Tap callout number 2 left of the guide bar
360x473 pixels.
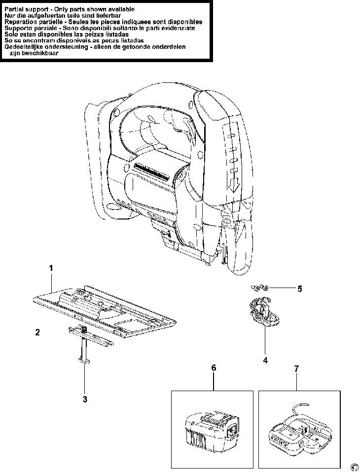pyautogui.click(x=37, y=332)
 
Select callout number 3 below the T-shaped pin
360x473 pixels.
pyautogui.click(x=85, y=399)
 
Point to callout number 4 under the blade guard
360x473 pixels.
pyautogui.click(x=265, y=361)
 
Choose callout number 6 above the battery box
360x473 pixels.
pyautogui.click(x=214, y=368)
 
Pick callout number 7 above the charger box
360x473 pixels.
pyautogui.click(x=296, y=368)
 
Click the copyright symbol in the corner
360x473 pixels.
pyautogui.click(x=354, y=467)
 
